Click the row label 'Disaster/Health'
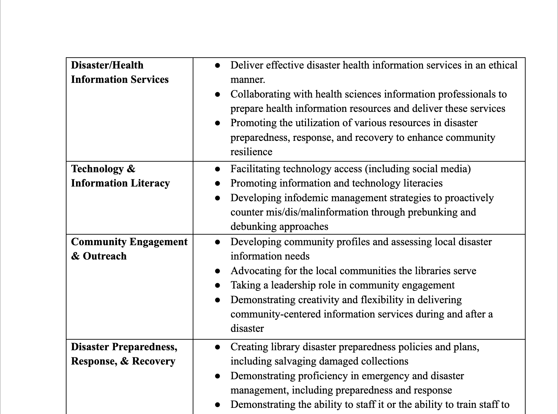pyautogui.click(x=107, y=65)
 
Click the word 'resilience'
pyautogui.click(x=251, y=152)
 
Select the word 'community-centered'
pyautogui.click(x=276, y=314)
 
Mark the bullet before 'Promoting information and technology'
pyautogui.click(x=218, y=183)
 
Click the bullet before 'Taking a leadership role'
pyautogui.click(x=218, y=285)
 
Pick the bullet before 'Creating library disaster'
pyautogui.click(x=218, y=347)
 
